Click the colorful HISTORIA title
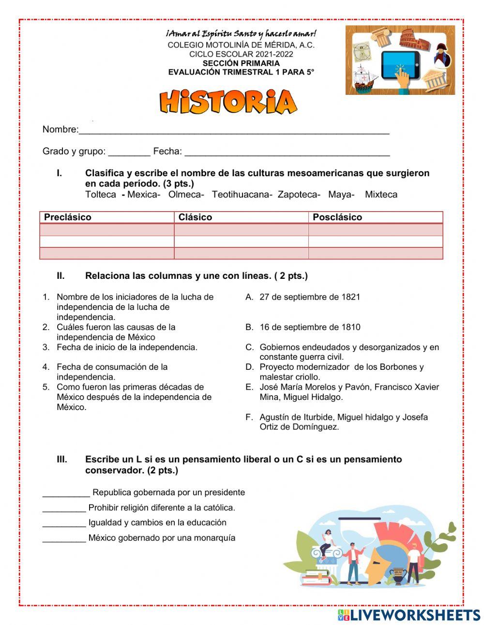coord(228,102)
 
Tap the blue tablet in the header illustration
coord(399,65)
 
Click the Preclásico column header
coord(68,217)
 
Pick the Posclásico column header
coord(337,217)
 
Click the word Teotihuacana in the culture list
coord(242,195)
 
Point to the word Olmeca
coord(186,195)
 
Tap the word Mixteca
coord(381,195)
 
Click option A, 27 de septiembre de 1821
coord(309,297)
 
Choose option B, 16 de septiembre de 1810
coord(309,327)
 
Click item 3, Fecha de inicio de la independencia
coord(126,347)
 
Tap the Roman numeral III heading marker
coord(62,459)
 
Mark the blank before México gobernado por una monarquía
coord(64,538)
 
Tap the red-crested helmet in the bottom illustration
coord(387,552)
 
